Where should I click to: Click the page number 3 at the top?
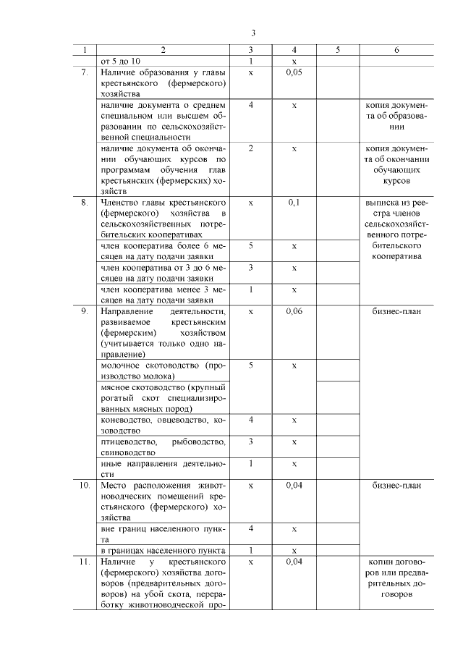(253, 33)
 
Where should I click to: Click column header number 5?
(338, 51)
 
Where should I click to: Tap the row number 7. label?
(85, 72)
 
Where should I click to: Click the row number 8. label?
(85, 203)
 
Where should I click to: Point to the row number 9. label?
(85, 311)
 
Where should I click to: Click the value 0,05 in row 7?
(294, 72)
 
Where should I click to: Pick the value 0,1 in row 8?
(294, 203)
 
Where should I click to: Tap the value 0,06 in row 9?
(294, 311)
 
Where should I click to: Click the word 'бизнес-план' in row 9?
(396, 311)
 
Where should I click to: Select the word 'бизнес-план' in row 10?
(396, 485)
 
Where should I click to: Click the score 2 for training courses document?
(250, 148)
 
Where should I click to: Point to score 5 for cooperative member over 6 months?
(250, 246)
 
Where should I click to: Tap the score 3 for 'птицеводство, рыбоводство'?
(250, 441)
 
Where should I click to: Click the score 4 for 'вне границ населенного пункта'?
(250, 529)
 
